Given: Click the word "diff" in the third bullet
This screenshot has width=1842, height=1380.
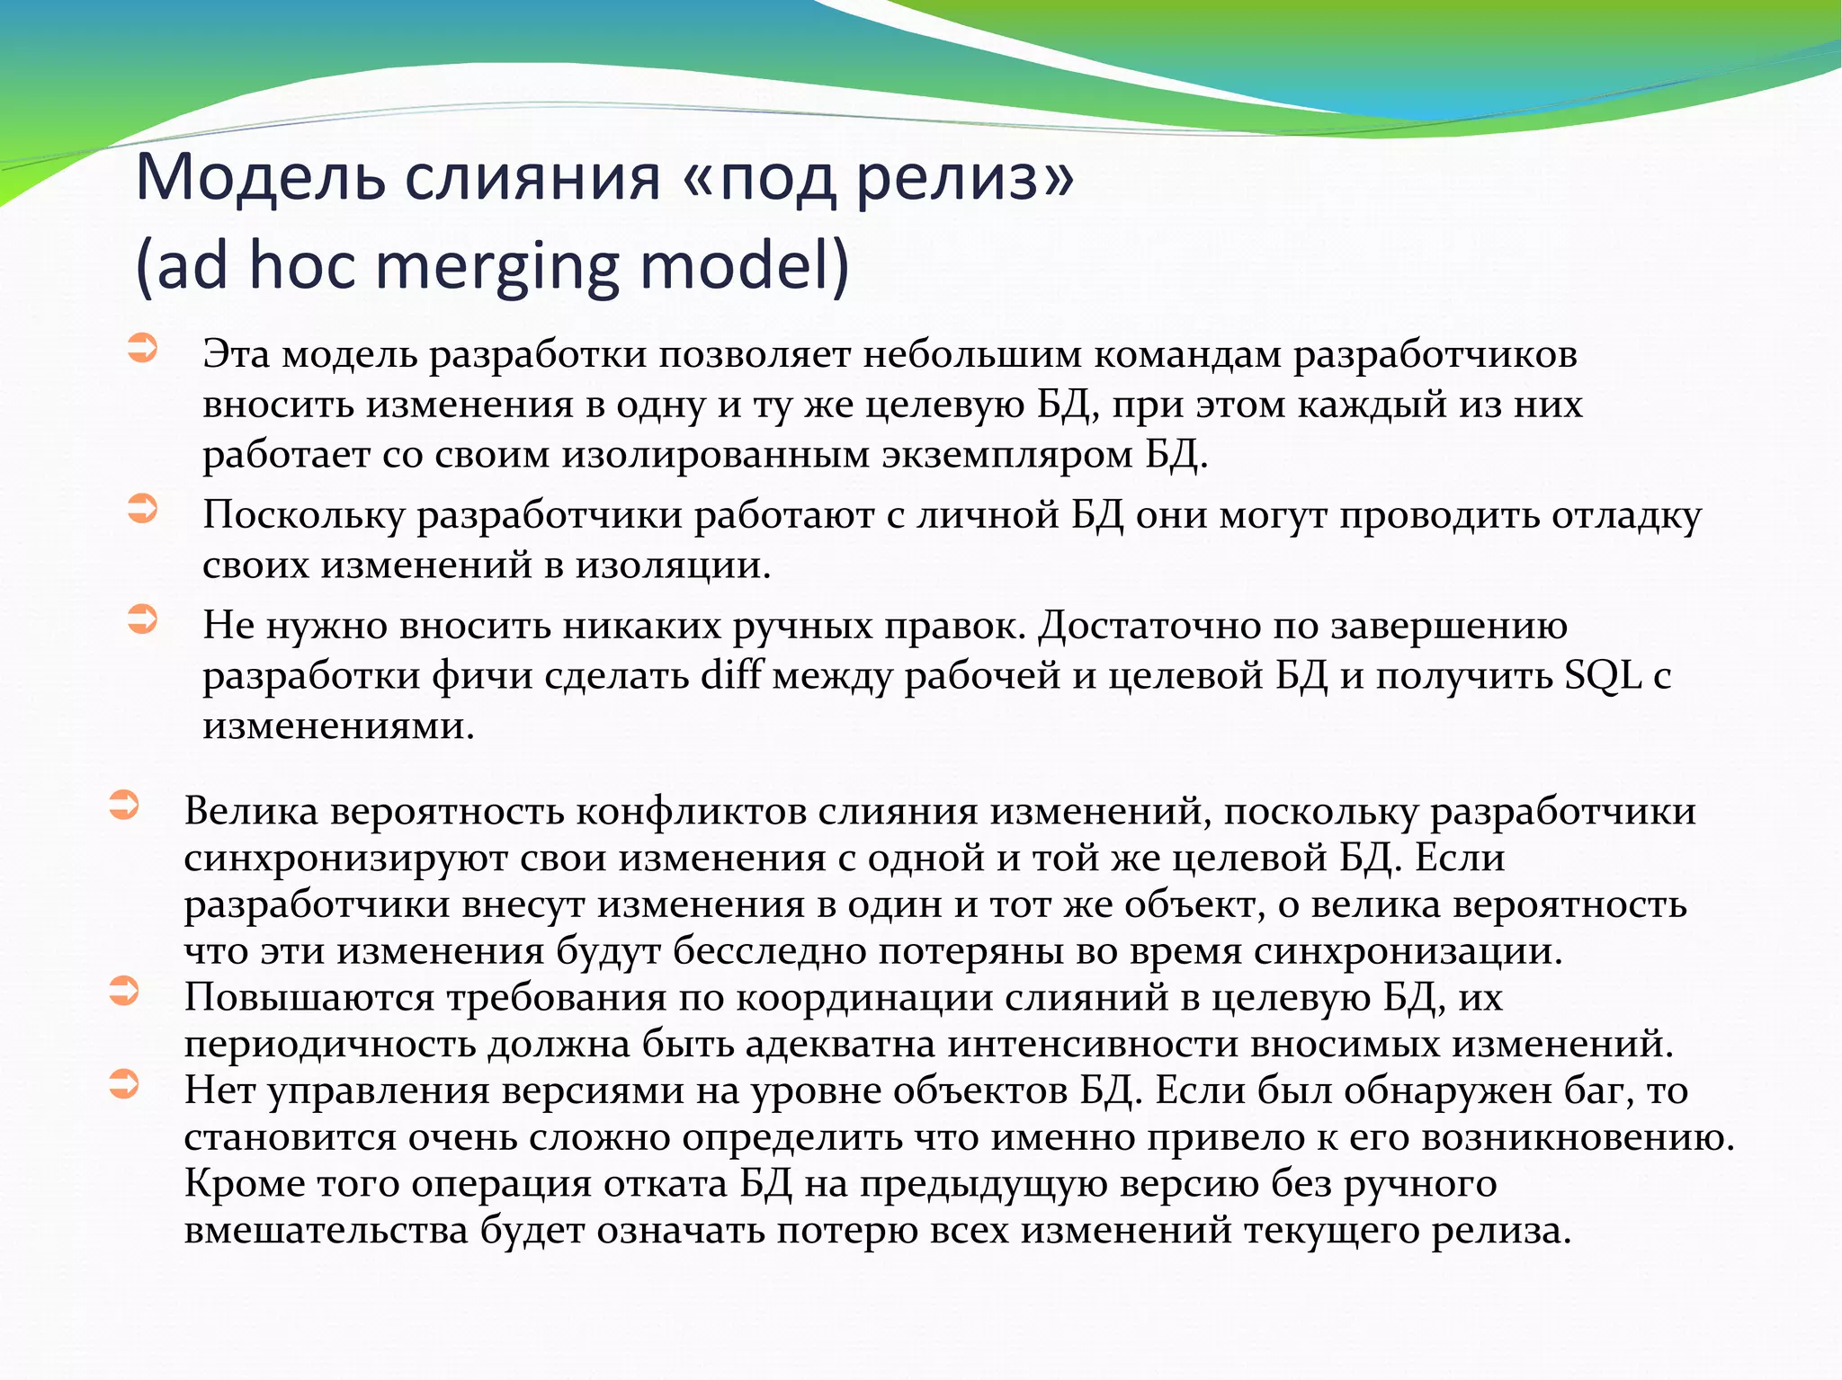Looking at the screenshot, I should tap(729, 675).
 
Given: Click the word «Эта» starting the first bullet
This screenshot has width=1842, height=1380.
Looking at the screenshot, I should tap(236, 354).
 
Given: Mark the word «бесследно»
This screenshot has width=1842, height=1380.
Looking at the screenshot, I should tap(769, 950).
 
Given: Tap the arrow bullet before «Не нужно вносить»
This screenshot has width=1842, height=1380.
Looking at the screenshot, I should tap(142, 619).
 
